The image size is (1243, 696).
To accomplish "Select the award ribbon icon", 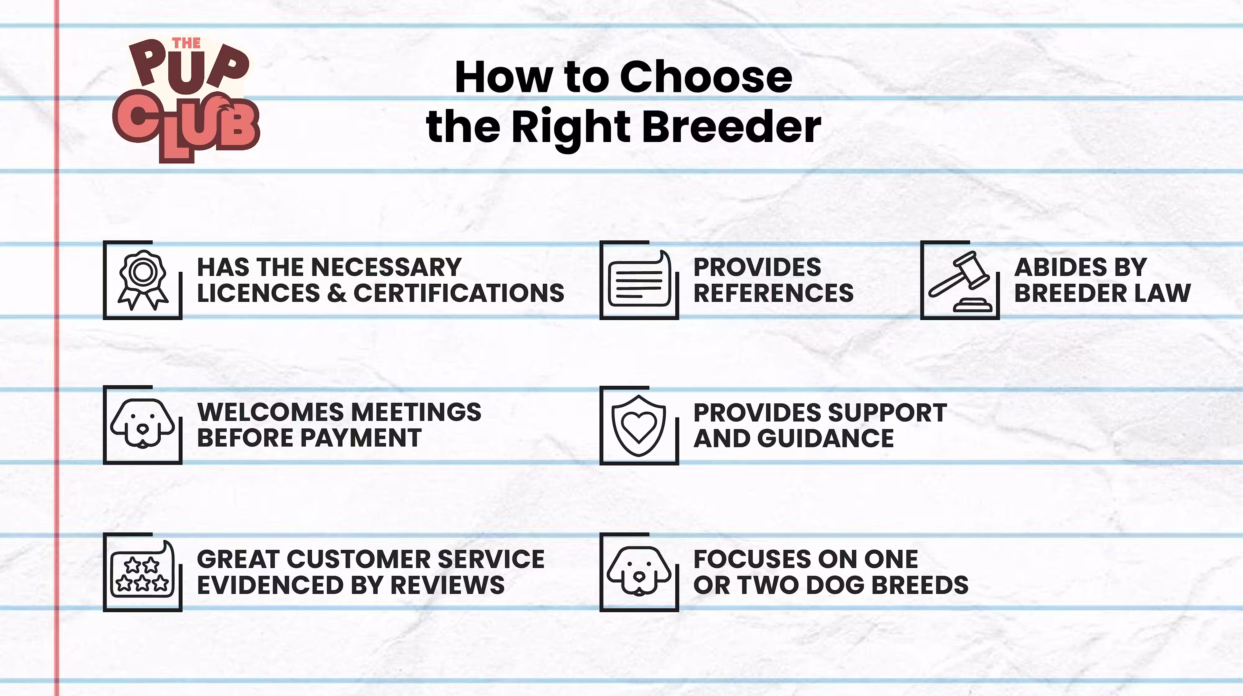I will coord(143,280).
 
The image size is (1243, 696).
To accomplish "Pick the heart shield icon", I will coord(639,425).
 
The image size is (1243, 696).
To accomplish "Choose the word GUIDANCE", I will coord(826,438).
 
